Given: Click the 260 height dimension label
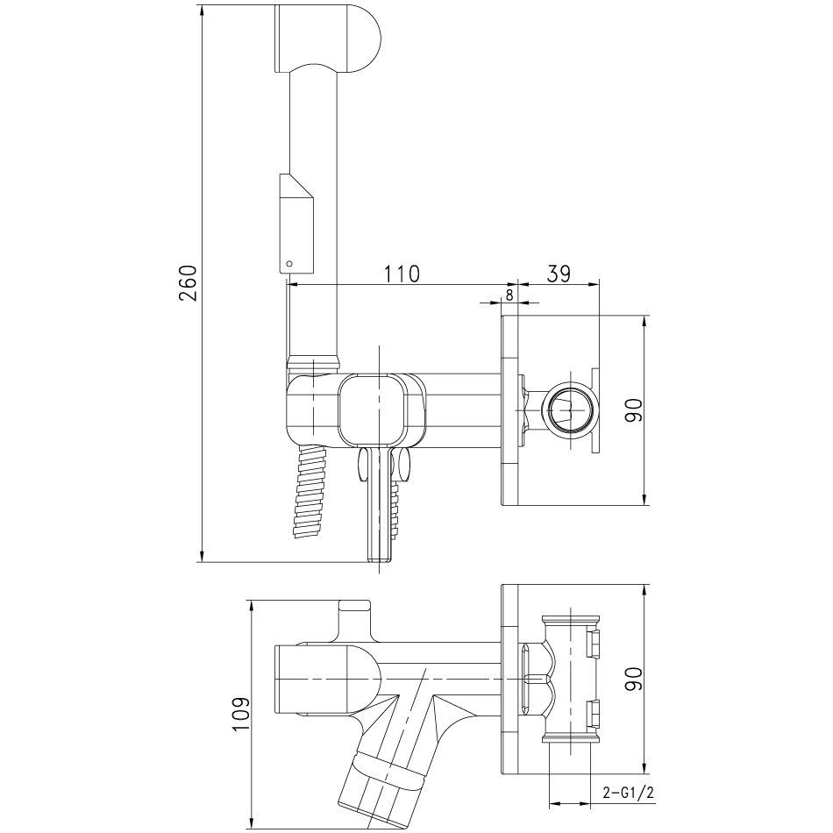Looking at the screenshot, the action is coord(189,282).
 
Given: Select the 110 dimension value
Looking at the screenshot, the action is coord(402,274).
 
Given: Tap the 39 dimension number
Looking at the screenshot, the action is coord(559,274).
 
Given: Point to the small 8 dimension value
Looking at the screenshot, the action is coord(509,295).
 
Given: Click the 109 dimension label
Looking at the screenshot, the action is coord(242,715).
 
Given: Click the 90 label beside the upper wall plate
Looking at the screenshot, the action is coord(634,410).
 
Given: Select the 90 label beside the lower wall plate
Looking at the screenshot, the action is coord(634,679).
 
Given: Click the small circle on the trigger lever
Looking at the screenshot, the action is coord(289,263).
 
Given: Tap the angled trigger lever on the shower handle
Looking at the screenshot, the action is coord(296,223).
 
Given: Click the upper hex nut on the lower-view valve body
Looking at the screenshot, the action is coord(594,641).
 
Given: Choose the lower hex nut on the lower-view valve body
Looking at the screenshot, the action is coord(594,714).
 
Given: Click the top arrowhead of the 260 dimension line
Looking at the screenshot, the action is coord(203,10).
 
